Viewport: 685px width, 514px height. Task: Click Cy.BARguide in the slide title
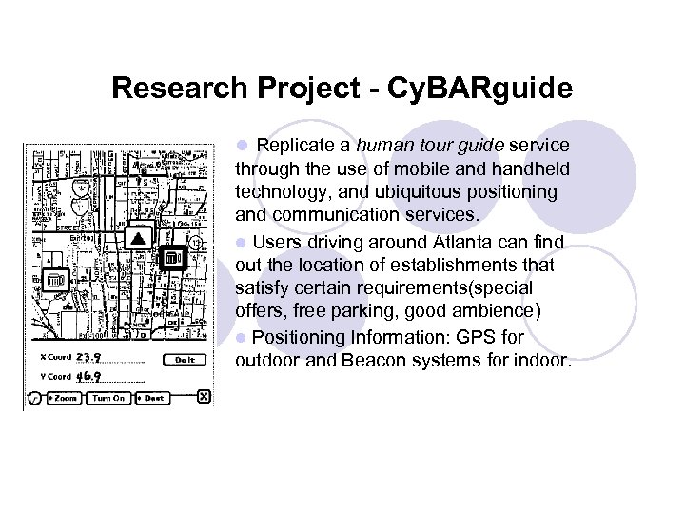(x=478, y=89)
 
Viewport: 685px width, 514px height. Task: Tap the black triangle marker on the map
(x=138, y=237)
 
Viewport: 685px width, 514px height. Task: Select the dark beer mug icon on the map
(x=172, y=257)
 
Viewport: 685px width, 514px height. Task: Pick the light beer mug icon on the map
(x=54, y=280)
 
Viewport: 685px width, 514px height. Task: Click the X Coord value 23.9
(x=89, y=358)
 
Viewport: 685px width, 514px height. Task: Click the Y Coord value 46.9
(x=89, y=376)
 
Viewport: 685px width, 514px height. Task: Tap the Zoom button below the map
(x=62, y=398)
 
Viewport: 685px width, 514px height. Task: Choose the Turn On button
(x=108, y=398)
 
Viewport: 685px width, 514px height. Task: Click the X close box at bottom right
(x=204, y=397)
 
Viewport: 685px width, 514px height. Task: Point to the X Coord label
(x=54, y=359)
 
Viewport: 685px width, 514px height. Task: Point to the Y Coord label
(x=54, y=377)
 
